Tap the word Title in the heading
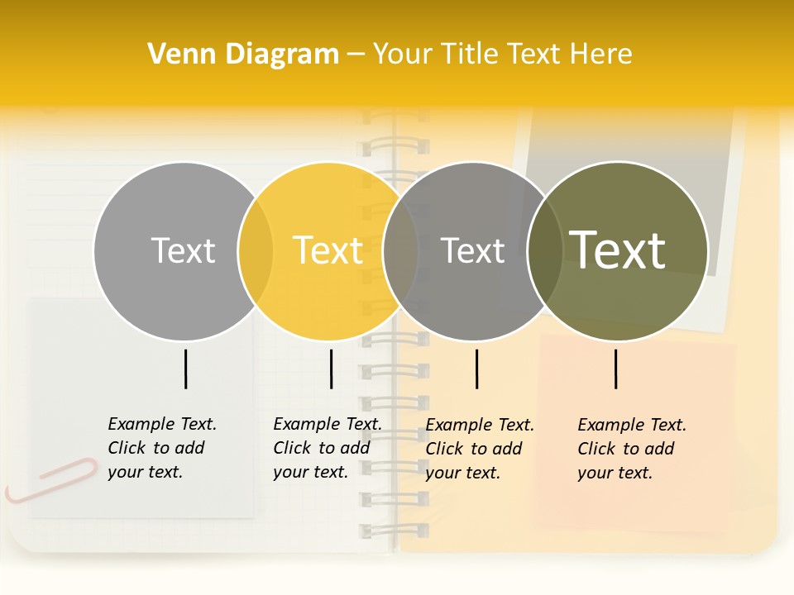pyautogui.click(x=469, y=55)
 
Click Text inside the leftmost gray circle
pyautogui.click(x=183, y=250)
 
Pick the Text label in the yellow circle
pyautogui.click(x=328, y=250)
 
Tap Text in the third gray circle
pyautogui.click(x=472, y=250)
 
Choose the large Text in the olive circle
pyautogui.click(x=617, y=250)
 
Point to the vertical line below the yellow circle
pyautogui.click(x=331, y=369)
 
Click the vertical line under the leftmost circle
pyautogui.click(x=185, y=369)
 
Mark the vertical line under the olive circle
pyautogui.click(x=616, y=369)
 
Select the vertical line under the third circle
pyautogui.click(x=476, y=369)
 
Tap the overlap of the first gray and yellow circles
pyautogui.click(x=256, y=251)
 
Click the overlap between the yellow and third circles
pyautogui.click(x=401, y=251)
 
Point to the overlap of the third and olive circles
pyautogui.click(x=545, y=251)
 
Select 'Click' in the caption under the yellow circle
pyautogui.click(x=292, y=448)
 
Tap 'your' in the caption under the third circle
pyautogui.click(x=443, y=473)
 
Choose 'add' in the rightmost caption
pyautogui.click(x=660, y=449)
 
